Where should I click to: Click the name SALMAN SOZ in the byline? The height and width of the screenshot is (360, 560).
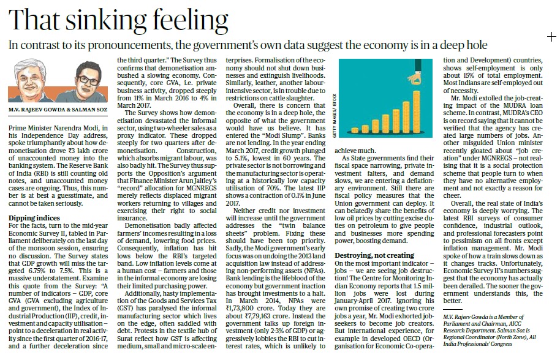89,110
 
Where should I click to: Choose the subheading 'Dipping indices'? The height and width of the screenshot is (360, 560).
34,217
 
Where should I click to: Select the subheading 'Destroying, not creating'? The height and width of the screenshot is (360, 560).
374,255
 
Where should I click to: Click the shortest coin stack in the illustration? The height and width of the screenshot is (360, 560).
355,130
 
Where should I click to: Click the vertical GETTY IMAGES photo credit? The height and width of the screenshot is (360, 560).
335,115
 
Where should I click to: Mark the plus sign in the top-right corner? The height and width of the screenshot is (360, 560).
551,37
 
